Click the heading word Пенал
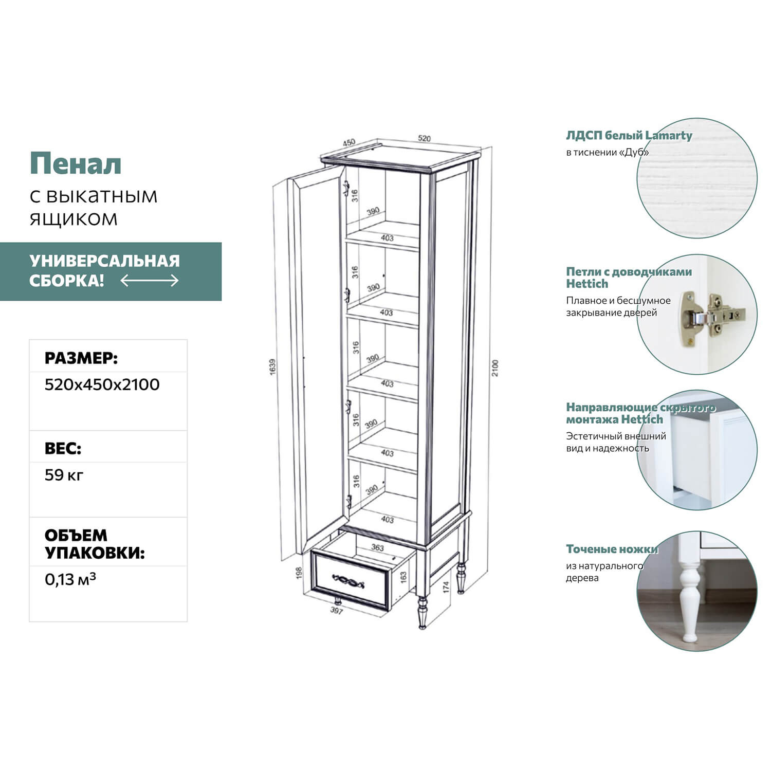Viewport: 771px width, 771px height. [76, 164]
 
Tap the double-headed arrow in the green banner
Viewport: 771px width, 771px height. [150, 281]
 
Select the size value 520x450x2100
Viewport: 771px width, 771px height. [102, 384]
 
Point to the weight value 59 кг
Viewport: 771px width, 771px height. [64, 475]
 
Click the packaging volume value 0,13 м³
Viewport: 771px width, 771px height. [70, 579]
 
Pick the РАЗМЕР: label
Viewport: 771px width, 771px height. [81, 358]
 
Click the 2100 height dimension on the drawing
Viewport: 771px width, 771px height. [495, 368]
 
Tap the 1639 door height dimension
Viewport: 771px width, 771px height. [273, 366]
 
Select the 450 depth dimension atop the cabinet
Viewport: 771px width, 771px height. [348, 142]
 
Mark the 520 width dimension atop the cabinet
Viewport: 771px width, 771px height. [424, 138]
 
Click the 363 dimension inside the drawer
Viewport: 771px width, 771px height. [377, 547]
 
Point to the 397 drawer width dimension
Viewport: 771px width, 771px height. [336, 610]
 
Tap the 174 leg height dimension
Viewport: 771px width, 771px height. [446, 587]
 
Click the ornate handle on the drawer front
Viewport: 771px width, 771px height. [349, 581]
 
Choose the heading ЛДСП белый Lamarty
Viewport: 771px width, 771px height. [629, 136]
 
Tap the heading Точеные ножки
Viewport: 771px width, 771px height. [612, 549]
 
